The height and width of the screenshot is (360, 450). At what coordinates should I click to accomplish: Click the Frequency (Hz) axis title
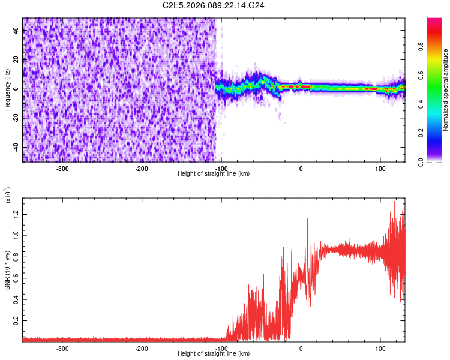pyautogui.click(x=7, y=89)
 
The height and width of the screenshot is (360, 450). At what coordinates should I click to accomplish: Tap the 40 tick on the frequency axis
pyautogui.click(x=16, y=31)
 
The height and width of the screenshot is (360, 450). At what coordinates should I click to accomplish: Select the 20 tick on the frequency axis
pyautogui.click(x=16, y=60)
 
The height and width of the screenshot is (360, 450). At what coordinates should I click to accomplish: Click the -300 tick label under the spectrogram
pyautogui.click(x=62, y=168)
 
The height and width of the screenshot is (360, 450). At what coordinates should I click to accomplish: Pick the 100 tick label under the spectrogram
pyautogui.click(x=380, y=168)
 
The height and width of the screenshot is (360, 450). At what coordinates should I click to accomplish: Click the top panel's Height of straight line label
pyautogui.click(x=214, y=173)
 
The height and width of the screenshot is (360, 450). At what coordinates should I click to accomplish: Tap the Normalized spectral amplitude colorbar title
pyautogui.click(x=446, y=90)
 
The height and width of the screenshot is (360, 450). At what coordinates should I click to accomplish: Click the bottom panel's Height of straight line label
pyautogui.click(x=214, y=353)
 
